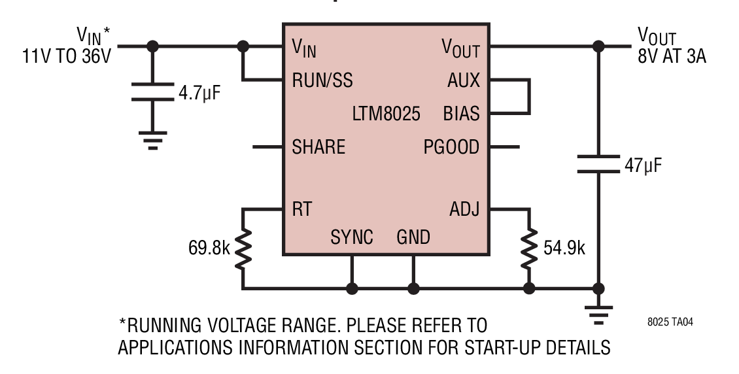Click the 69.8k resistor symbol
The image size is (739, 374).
pos(243,248)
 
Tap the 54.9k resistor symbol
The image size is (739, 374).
pos(529,248)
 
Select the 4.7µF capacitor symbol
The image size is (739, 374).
pos(152,92)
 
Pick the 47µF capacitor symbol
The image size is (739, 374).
pos(598,164)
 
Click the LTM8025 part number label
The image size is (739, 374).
pos(386,114)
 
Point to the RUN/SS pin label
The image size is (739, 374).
pos(322,80)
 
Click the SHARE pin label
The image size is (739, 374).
pos(318,147)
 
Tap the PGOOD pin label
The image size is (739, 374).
pos(451,147)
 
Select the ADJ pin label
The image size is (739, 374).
pos(464,209)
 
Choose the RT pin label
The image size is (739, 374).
pos(301,209)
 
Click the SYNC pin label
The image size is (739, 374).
pos(352,237)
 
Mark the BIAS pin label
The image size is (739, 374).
pos(461,114)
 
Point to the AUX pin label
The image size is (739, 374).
pos(464,80)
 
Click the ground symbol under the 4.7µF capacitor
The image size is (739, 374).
pos(152,141)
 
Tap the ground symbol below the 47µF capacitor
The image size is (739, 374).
pos(598,316)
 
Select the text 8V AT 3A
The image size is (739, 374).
pos(672,56)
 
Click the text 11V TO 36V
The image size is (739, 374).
pos(67,56)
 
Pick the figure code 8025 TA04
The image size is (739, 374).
pos(670,322)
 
